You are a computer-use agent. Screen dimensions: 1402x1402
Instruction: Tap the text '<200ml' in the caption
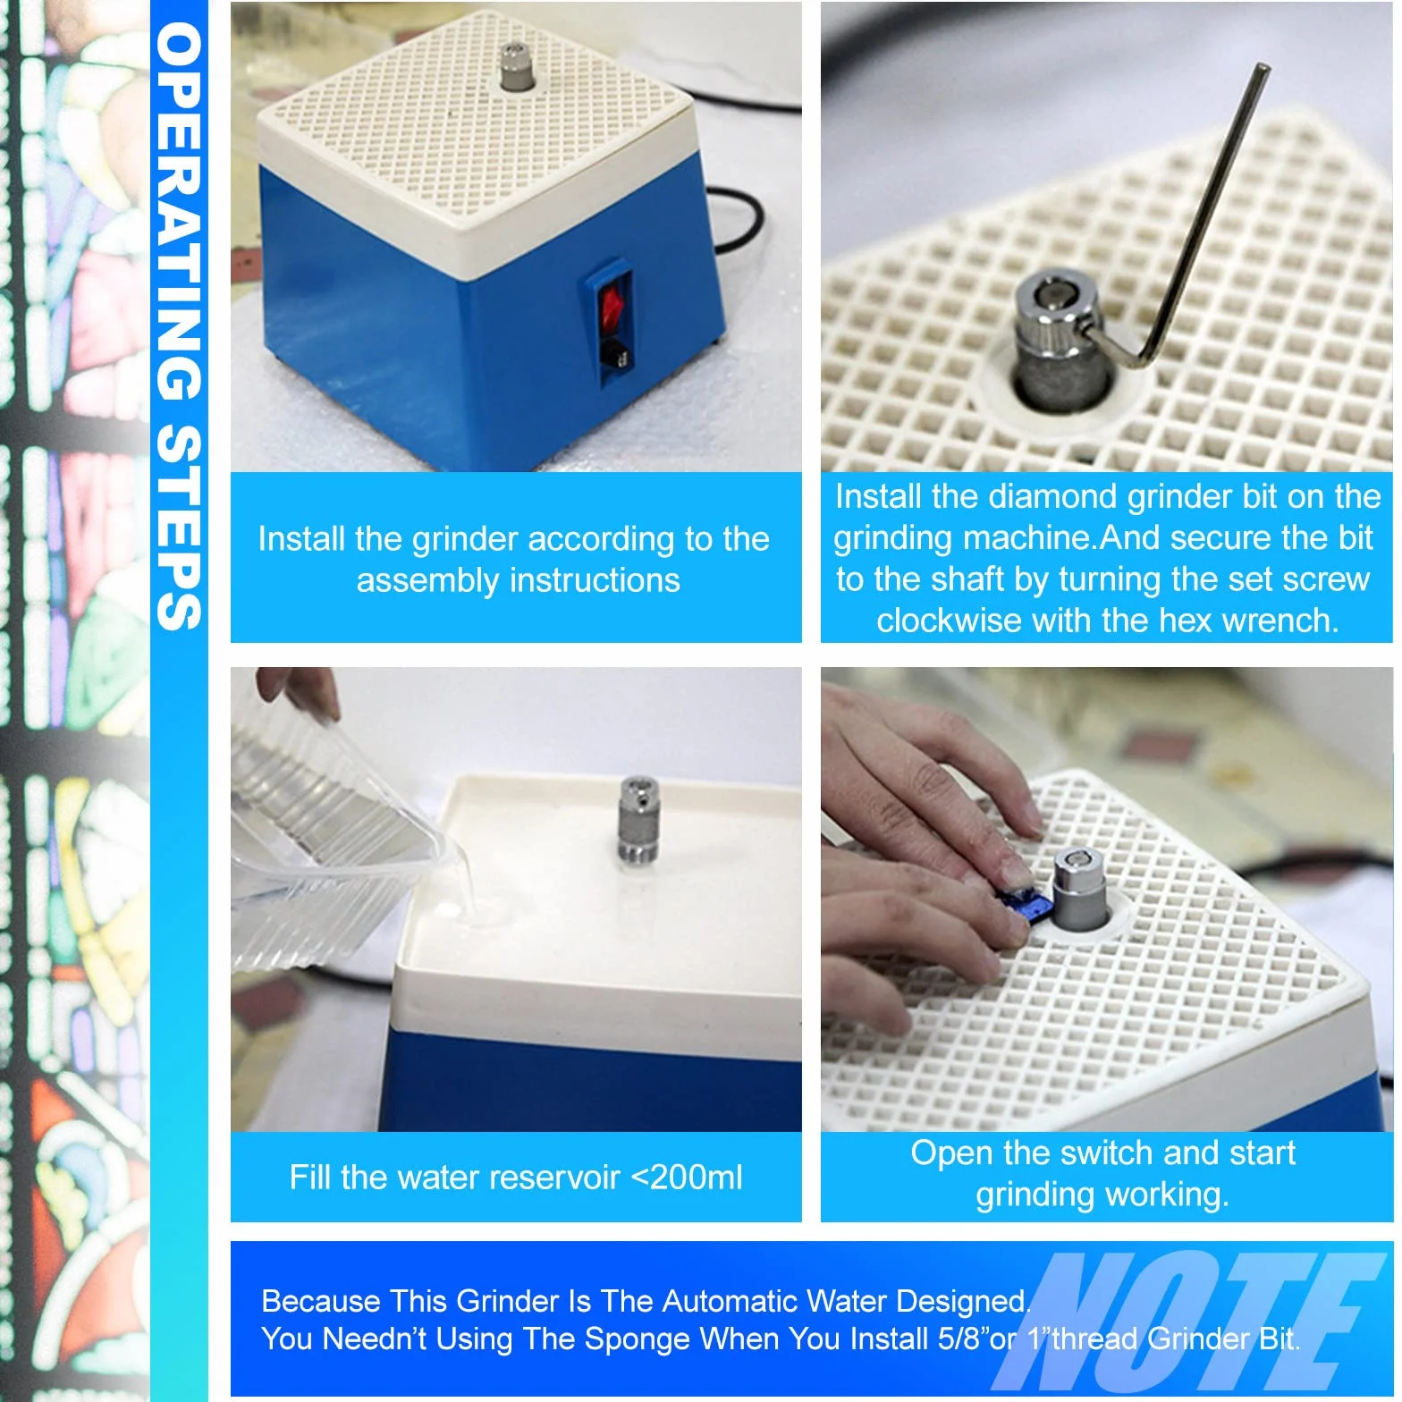[x=686, y=1177]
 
